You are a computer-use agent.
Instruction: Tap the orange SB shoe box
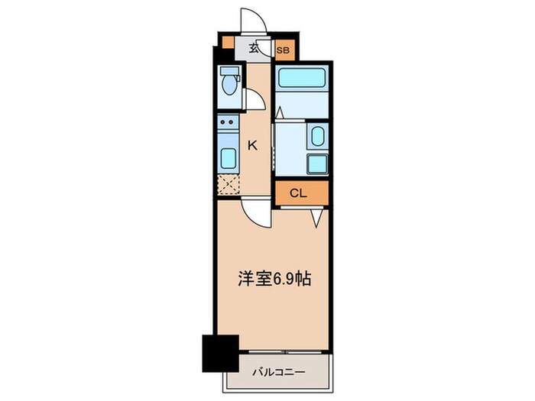[x=283, y=51]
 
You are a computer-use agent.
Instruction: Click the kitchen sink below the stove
[x=228, y=159]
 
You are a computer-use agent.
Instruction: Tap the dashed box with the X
[x=228, y=184]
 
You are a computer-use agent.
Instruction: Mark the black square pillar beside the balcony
[x=216, y=352]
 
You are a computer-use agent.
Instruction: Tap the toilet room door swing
[x=255, y=99]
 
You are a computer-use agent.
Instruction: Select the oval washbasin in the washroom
[x=317, y=137]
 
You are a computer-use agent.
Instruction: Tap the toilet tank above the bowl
[x=228, y=73]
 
